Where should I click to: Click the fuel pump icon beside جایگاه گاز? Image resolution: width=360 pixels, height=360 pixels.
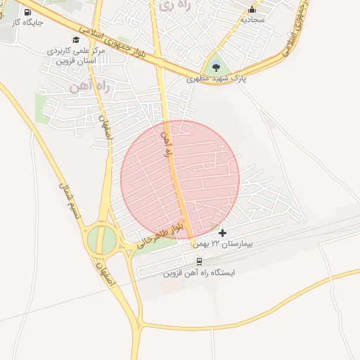click(x=27, y=12)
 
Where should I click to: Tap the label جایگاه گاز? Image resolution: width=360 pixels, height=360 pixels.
click(x=27, y=22)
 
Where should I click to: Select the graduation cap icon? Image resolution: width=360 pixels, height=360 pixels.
click(x=76, y=40)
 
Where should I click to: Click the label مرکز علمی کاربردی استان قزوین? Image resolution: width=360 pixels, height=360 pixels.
click(x=76, y=56)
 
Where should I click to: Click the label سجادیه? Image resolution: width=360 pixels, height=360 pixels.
click(x=252, y=20)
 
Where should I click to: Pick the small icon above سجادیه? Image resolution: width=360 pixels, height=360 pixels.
click(x=252, y=10)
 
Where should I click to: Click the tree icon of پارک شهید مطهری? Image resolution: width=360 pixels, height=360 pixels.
click(x=216, y=67)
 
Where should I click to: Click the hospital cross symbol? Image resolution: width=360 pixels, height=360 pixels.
click(x=223, y=233)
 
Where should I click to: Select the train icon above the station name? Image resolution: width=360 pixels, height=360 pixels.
click(x=199, y=261)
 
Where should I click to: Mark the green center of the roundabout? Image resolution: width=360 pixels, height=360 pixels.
click(x=101, y=240)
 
